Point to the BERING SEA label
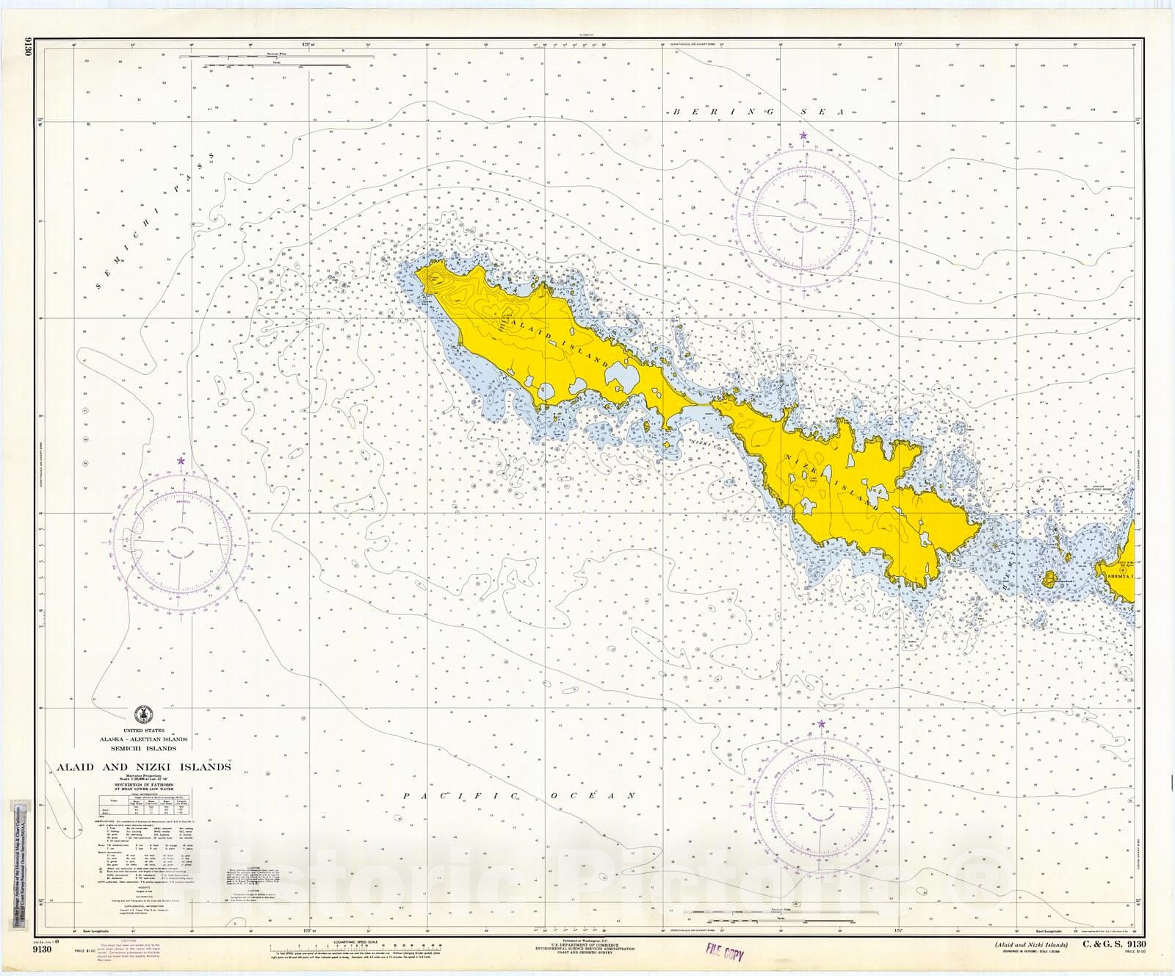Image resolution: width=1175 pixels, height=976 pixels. [760, 112]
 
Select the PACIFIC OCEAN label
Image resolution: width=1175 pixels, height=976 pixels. [514, 795]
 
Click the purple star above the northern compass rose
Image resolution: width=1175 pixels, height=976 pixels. [803, 135]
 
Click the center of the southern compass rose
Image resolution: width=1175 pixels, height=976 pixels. [820, 804]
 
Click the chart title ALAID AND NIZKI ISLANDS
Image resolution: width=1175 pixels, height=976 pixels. [144, 767]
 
